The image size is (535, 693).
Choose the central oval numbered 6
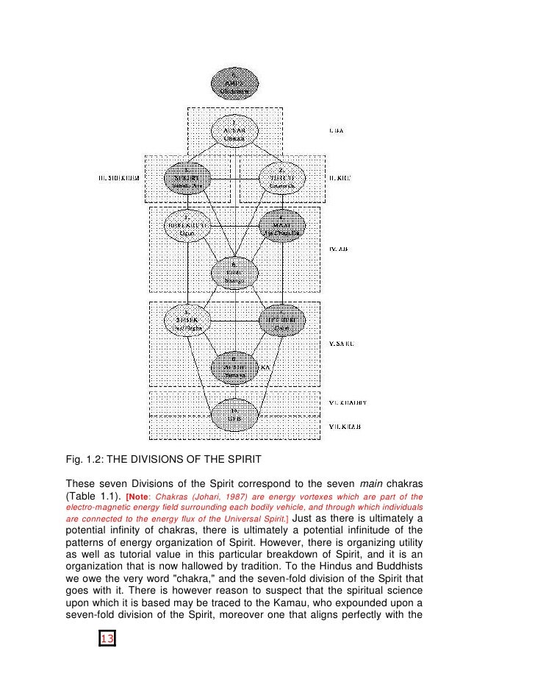coord(234,273)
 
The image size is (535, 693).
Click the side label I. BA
coord(336,131)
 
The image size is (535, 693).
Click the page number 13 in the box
coord(107,639)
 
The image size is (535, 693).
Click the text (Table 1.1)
coord(93,496)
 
